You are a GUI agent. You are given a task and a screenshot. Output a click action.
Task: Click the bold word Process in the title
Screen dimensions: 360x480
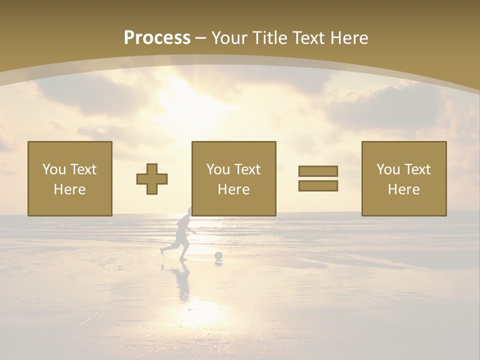point(157,38)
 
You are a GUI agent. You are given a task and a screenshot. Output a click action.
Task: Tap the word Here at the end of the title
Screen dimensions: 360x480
point(349,38)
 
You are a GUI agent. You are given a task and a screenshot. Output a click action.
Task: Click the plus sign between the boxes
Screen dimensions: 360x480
point(152,179)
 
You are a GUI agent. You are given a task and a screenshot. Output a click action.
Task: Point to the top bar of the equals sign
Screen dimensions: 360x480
point(318,171)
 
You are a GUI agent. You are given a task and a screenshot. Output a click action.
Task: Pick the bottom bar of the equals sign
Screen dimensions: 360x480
point(318,186)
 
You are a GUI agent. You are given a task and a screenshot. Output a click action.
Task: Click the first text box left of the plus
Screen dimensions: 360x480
point(70,178)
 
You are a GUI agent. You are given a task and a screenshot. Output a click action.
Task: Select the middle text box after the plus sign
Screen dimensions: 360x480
point(233,178)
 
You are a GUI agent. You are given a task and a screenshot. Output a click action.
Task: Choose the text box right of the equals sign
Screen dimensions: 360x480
point(403,178)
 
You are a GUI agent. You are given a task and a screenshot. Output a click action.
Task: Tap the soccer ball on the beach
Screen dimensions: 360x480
point(218,256)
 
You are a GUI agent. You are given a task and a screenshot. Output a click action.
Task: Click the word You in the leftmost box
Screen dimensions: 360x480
point(53,169)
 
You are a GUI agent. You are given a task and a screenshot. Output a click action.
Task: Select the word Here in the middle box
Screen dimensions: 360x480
point(233,189)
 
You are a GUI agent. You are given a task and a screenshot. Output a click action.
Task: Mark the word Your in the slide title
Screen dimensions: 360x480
point(227,38)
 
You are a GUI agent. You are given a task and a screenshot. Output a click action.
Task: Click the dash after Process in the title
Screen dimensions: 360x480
point(200,38)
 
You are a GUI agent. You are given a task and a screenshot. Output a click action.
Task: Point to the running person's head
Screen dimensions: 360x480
point(186,212)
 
